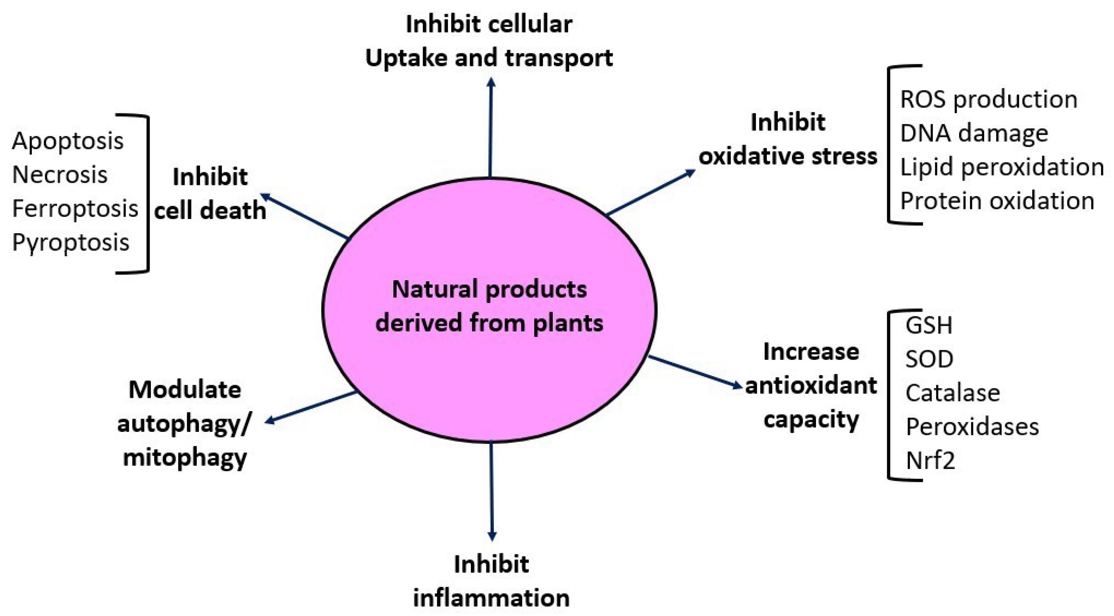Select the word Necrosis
point(60,175)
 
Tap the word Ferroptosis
point(75,208)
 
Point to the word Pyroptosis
point(71,242)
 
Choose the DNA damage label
point(974,133)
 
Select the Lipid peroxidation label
point(1002,167)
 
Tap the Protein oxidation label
point(997,201)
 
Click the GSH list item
point(928,325)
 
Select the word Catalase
point(952,393)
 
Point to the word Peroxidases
point(972,427)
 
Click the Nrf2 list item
point(930,461)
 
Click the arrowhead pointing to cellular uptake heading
point(491,82)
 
